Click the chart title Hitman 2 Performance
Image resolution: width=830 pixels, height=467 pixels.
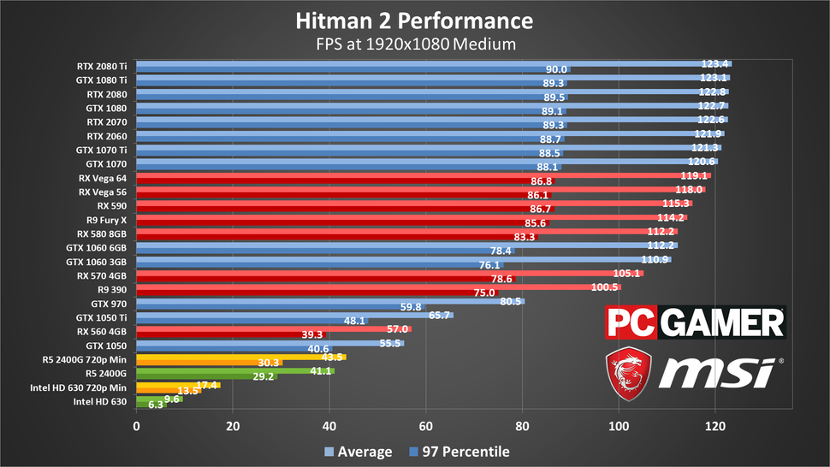pos(414,20)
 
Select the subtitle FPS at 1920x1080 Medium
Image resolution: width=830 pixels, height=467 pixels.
pos(414,43)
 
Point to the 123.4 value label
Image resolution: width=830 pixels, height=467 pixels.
pos(714,63)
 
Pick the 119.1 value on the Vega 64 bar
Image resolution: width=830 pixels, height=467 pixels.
pos(694,175)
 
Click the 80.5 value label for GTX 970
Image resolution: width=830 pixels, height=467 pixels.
pos(511,301)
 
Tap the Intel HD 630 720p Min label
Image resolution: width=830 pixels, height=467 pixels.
pos(88,387)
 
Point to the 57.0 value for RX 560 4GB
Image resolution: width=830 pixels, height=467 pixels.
pos(397,329)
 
